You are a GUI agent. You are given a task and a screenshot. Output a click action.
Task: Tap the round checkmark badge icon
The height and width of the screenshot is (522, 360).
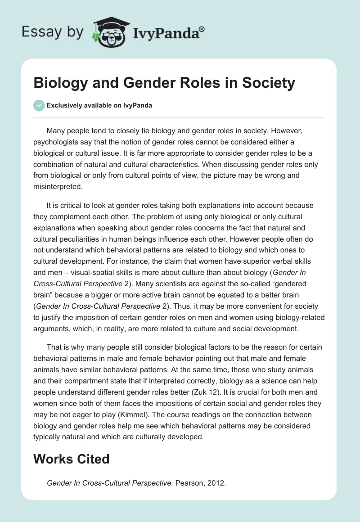click(x=39, y=106)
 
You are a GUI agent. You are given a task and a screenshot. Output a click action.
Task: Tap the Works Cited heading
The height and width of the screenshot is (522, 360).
click(x=72, y=459)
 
